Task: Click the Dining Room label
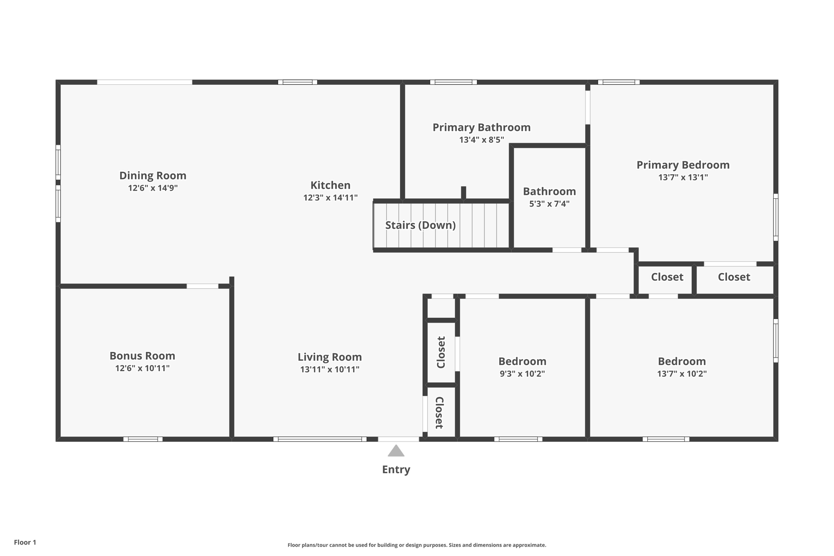coord(153,176)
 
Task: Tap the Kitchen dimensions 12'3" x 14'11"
coord(330,198)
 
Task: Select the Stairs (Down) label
coord(420,225)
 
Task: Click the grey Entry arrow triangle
coord(396,451)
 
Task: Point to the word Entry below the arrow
coord(396,469)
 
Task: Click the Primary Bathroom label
coord(481,127)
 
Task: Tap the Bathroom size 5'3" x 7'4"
coord(549,204)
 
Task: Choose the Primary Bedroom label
coord(683,165)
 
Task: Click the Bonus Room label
coord(142,356)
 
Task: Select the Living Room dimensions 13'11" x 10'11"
coord(329,369)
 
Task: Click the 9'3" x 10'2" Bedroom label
coord(522,361)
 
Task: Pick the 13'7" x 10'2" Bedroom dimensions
coord(682,374)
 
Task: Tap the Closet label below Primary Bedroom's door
coord(734,277)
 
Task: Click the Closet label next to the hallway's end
coord(667,277)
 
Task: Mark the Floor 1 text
coord(25,542)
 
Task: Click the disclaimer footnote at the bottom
coord(417,545)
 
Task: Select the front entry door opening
coord(398,439)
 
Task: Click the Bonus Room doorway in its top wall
coord(202,286)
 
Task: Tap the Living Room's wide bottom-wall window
coord(320,439)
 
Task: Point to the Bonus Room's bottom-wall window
coord(143,439)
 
